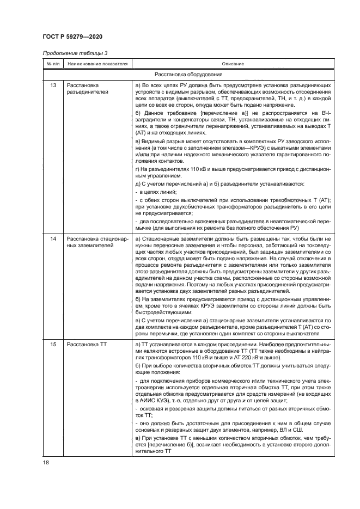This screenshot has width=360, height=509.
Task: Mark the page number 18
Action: pyautogui.click(x=46, y=462)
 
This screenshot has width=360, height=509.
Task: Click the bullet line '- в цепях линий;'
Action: pyautogui.click(x=154, y=192)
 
